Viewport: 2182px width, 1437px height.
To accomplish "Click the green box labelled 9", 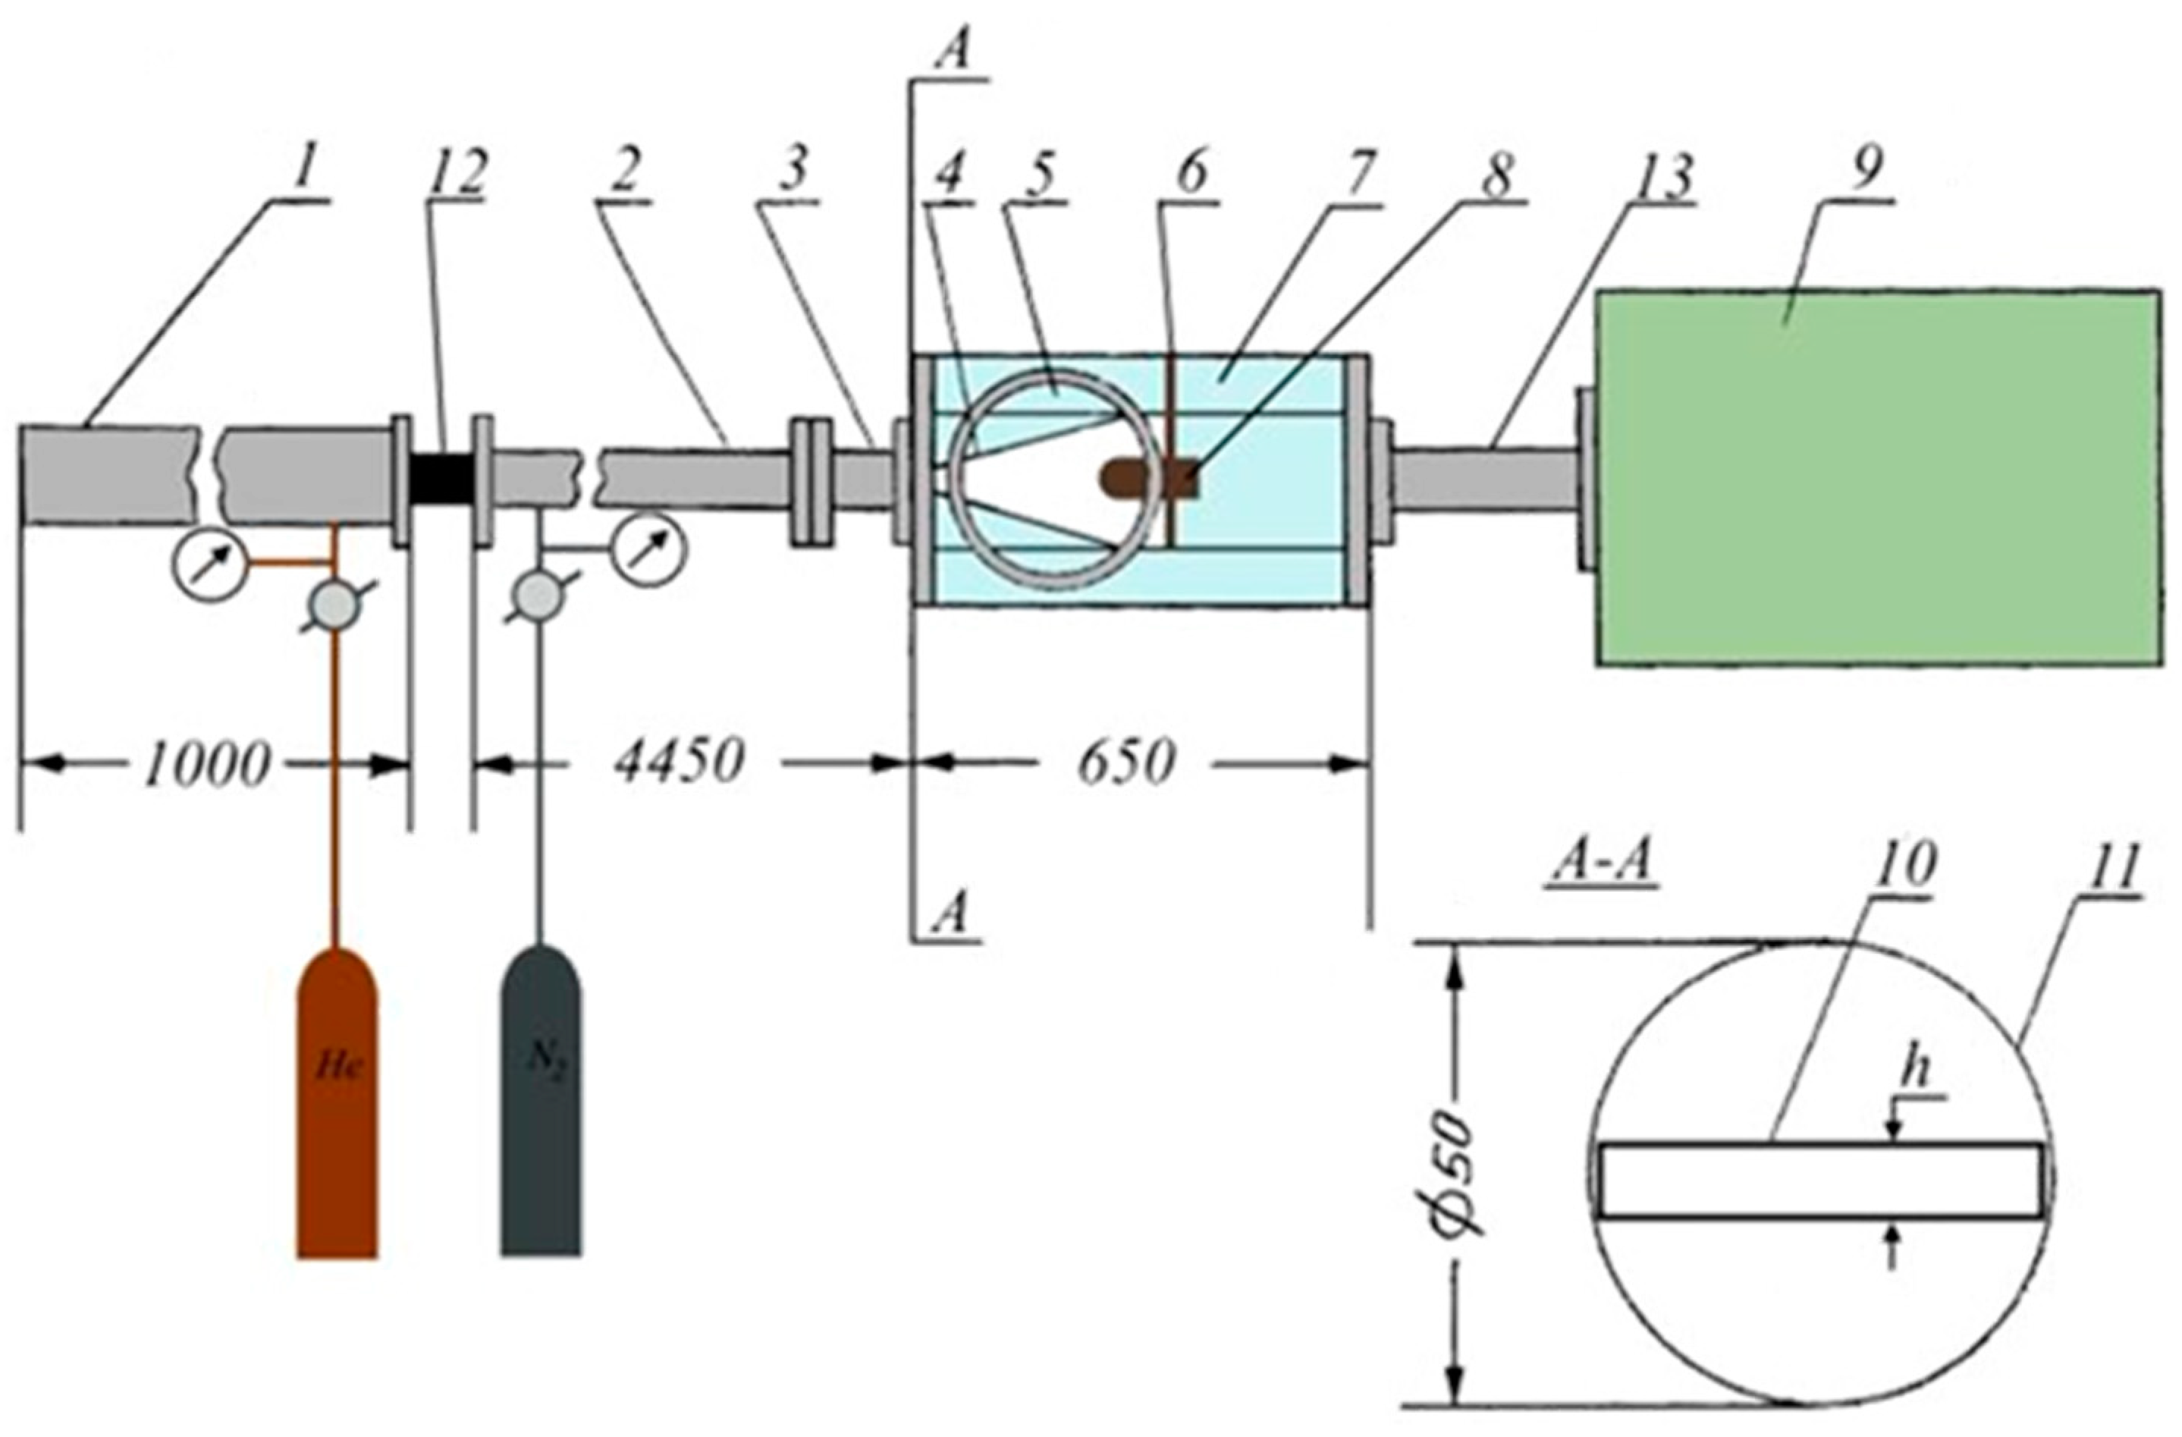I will click(x=1879, y=477).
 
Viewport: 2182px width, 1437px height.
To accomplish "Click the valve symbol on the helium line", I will click(x=334, y=605).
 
